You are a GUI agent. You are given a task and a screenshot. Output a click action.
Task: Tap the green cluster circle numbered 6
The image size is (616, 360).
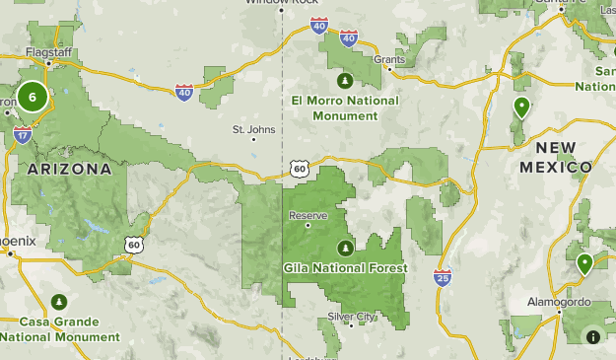(33, 97)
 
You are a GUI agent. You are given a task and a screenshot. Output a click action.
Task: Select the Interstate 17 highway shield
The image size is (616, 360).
(23, 135)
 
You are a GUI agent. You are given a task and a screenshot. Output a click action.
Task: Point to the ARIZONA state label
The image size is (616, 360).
(69, 169)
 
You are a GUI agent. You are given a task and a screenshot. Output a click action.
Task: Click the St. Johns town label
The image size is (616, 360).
(253, 128)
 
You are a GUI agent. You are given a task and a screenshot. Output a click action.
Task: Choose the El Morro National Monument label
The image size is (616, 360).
(345, 108)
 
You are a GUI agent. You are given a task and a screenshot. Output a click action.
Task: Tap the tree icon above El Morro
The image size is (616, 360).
(345, 80)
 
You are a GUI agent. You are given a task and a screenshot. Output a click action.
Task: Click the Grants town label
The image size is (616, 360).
(389, 59)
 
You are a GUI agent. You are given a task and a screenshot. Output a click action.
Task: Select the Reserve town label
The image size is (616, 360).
(307, 215)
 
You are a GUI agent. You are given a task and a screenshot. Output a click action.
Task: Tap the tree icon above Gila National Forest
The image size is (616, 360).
(345, 247)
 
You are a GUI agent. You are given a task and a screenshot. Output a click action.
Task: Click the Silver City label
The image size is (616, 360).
(352, 317)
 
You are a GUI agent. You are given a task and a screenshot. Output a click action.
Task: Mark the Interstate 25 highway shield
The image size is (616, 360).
(443, 278)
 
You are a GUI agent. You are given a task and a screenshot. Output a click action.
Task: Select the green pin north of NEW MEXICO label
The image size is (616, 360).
(520, 107)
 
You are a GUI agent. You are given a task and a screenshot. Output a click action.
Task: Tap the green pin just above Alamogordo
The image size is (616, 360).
(585, 263)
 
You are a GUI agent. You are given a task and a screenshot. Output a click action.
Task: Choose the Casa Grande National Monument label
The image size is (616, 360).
(59, 328)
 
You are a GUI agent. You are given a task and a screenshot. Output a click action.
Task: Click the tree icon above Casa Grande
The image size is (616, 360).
(59, 301)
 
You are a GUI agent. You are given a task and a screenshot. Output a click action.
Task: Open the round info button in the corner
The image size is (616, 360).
(593, 336)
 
